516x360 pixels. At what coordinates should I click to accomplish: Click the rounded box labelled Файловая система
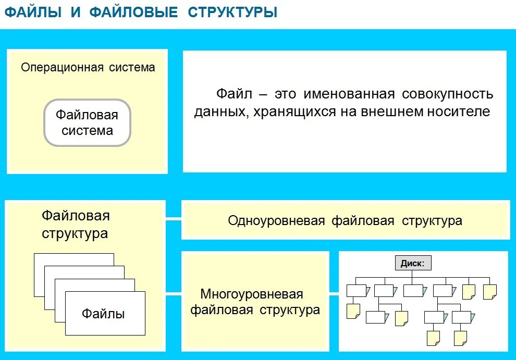coord(87,122)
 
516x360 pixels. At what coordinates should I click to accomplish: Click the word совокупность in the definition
coord(447,94)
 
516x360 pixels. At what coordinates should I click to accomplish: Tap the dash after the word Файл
coord(263,95)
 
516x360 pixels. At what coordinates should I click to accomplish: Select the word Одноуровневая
coord(276,220)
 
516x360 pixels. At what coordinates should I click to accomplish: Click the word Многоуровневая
coord(252,294)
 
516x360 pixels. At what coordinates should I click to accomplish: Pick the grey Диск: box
coord(413,263)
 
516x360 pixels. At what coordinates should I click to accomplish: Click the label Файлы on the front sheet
coord(103,314)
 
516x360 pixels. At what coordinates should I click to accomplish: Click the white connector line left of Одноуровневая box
coord(174,220)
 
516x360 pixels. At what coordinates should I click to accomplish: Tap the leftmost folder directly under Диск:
coord(357,290)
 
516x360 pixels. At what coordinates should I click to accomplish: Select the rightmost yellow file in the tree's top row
coord(489,292)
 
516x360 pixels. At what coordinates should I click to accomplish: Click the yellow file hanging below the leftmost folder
coord(353,311)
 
